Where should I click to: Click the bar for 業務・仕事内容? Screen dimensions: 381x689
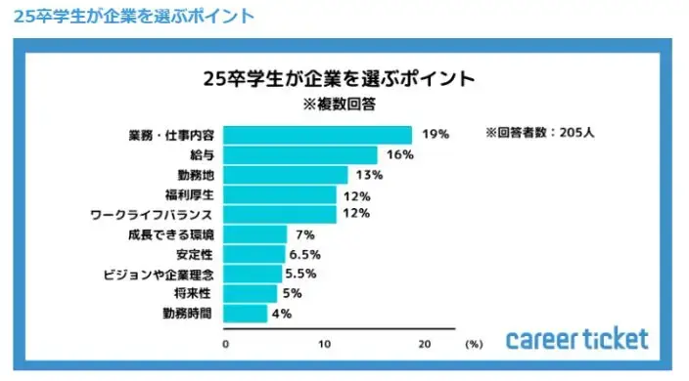318,135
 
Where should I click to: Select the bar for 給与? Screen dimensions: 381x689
301,154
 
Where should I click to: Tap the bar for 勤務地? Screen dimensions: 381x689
287,175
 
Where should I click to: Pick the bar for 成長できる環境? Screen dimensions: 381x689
256,234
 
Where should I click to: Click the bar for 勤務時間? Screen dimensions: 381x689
247,314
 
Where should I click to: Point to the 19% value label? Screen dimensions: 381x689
436,135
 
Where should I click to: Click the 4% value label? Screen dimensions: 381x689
280,314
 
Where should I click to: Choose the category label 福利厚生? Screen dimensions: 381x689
191,194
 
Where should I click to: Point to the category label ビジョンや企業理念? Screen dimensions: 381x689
158,275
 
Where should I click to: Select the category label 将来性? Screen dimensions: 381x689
197,294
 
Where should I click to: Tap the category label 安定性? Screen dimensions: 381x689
197,254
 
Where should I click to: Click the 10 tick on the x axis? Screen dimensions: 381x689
325,344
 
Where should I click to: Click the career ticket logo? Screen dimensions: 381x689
576,339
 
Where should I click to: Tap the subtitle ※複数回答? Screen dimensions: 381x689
338,101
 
